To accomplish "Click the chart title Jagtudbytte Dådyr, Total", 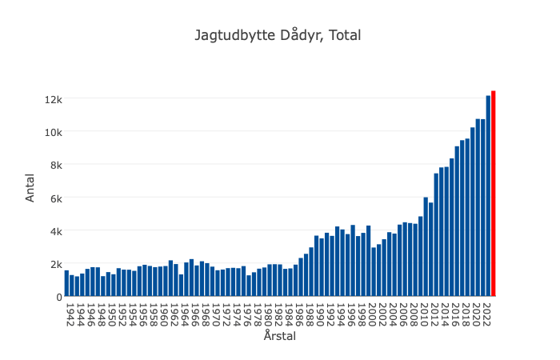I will (278, 35).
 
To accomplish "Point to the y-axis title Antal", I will (30, 189).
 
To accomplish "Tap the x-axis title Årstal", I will (280, 337).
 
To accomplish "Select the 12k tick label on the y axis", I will (53, 99).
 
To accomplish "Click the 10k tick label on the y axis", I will (53, 132).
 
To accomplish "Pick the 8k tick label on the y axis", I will (55, 165).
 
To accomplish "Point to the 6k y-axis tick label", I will (55, 198).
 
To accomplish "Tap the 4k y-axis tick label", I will (55, 231).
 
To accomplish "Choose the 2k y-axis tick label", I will (55, 264).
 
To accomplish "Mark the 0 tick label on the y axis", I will (58, 297).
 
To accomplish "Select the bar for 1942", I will (67, 284).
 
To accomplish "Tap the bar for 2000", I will (373, 272).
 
